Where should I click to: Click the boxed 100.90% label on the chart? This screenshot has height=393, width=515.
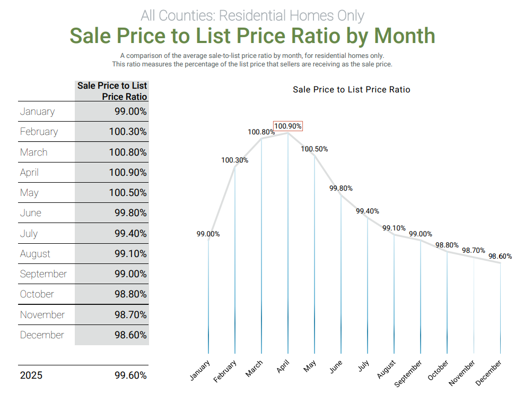(x=288, y=126)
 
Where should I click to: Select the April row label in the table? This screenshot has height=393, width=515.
(x=29, y=173)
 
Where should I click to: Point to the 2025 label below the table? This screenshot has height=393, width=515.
(x=31, y=375)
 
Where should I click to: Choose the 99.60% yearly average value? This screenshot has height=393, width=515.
(x=130, y=375)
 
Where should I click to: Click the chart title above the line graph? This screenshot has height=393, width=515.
(x=351, y=90)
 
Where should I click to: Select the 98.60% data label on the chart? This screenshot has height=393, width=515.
(x=500, y=257)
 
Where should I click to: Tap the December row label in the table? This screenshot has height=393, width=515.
(x=42, y=335)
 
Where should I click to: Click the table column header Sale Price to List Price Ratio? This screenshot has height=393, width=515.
(x=112, y=91)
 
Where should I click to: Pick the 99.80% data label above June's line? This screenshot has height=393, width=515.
(x=341, y=189)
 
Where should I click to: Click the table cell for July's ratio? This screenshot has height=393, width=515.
(x=130, y=234)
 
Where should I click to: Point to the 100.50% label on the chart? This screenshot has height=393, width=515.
(x=315, y=149)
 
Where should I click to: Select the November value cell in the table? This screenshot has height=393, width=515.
(x=130, y=315)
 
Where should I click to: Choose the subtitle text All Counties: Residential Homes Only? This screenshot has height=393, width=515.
(x=252, y=15)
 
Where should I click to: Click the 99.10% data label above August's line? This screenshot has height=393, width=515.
(x=395, y=228)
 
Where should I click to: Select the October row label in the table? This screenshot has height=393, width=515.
(x=37, y=294)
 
